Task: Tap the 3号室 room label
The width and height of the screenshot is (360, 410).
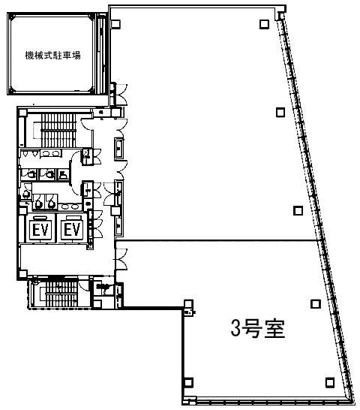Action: [257, 330]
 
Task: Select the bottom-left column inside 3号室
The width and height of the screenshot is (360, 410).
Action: [188, 381]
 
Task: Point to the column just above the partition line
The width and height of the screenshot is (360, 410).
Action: [297, 210]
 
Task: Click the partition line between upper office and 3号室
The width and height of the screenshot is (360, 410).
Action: [217, 240]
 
